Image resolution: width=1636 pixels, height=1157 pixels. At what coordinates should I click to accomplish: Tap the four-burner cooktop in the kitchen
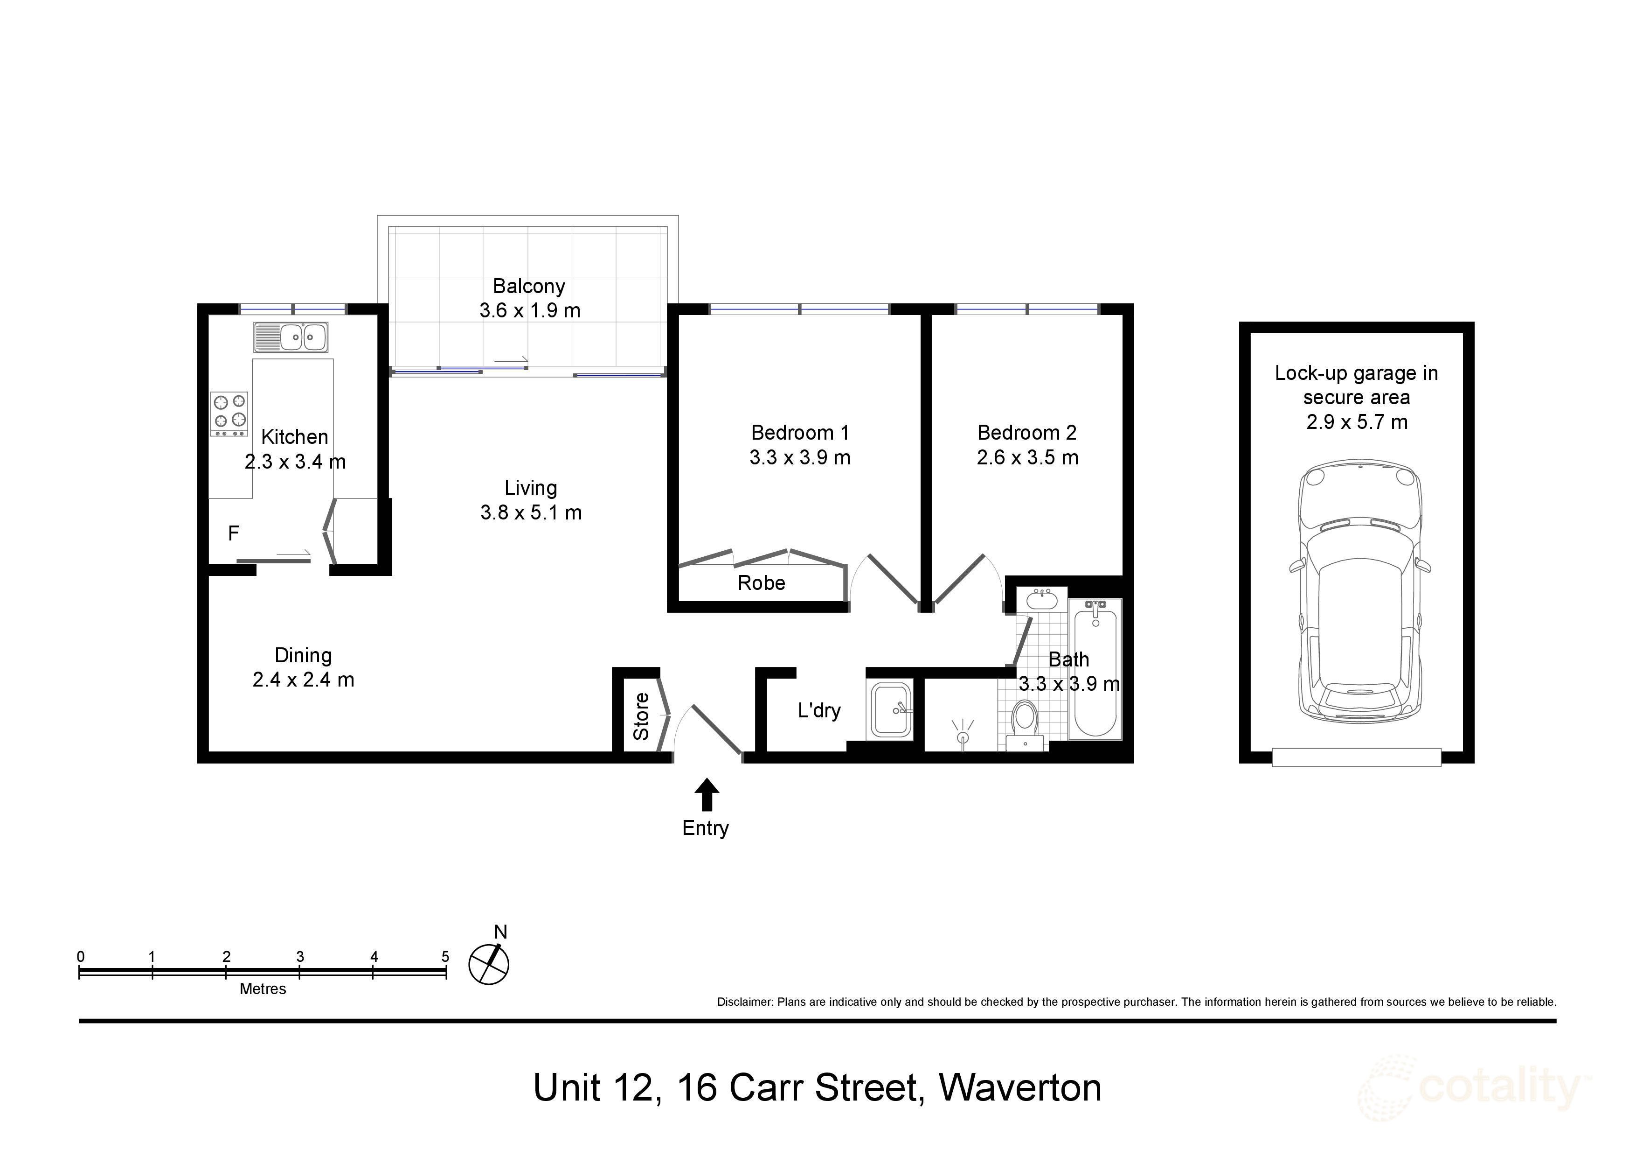click(229, 414)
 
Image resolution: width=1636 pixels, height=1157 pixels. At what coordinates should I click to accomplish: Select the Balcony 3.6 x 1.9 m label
click(529, 298)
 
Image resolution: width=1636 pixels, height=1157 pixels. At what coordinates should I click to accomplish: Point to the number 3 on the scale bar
click(300, 957)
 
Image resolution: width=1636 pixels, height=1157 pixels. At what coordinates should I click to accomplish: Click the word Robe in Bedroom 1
click(761, 583)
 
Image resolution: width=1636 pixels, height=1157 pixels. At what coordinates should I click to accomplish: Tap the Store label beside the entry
click(641, 716)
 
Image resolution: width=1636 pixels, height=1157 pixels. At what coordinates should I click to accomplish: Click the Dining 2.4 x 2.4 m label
click(304, 667)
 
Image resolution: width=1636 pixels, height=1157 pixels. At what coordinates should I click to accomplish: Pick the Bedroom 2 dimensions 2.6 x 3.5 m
click(1027, 458)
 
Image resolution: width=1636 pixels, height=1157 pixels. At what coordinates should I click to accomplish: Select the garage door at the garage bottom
click(1356, 757)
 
